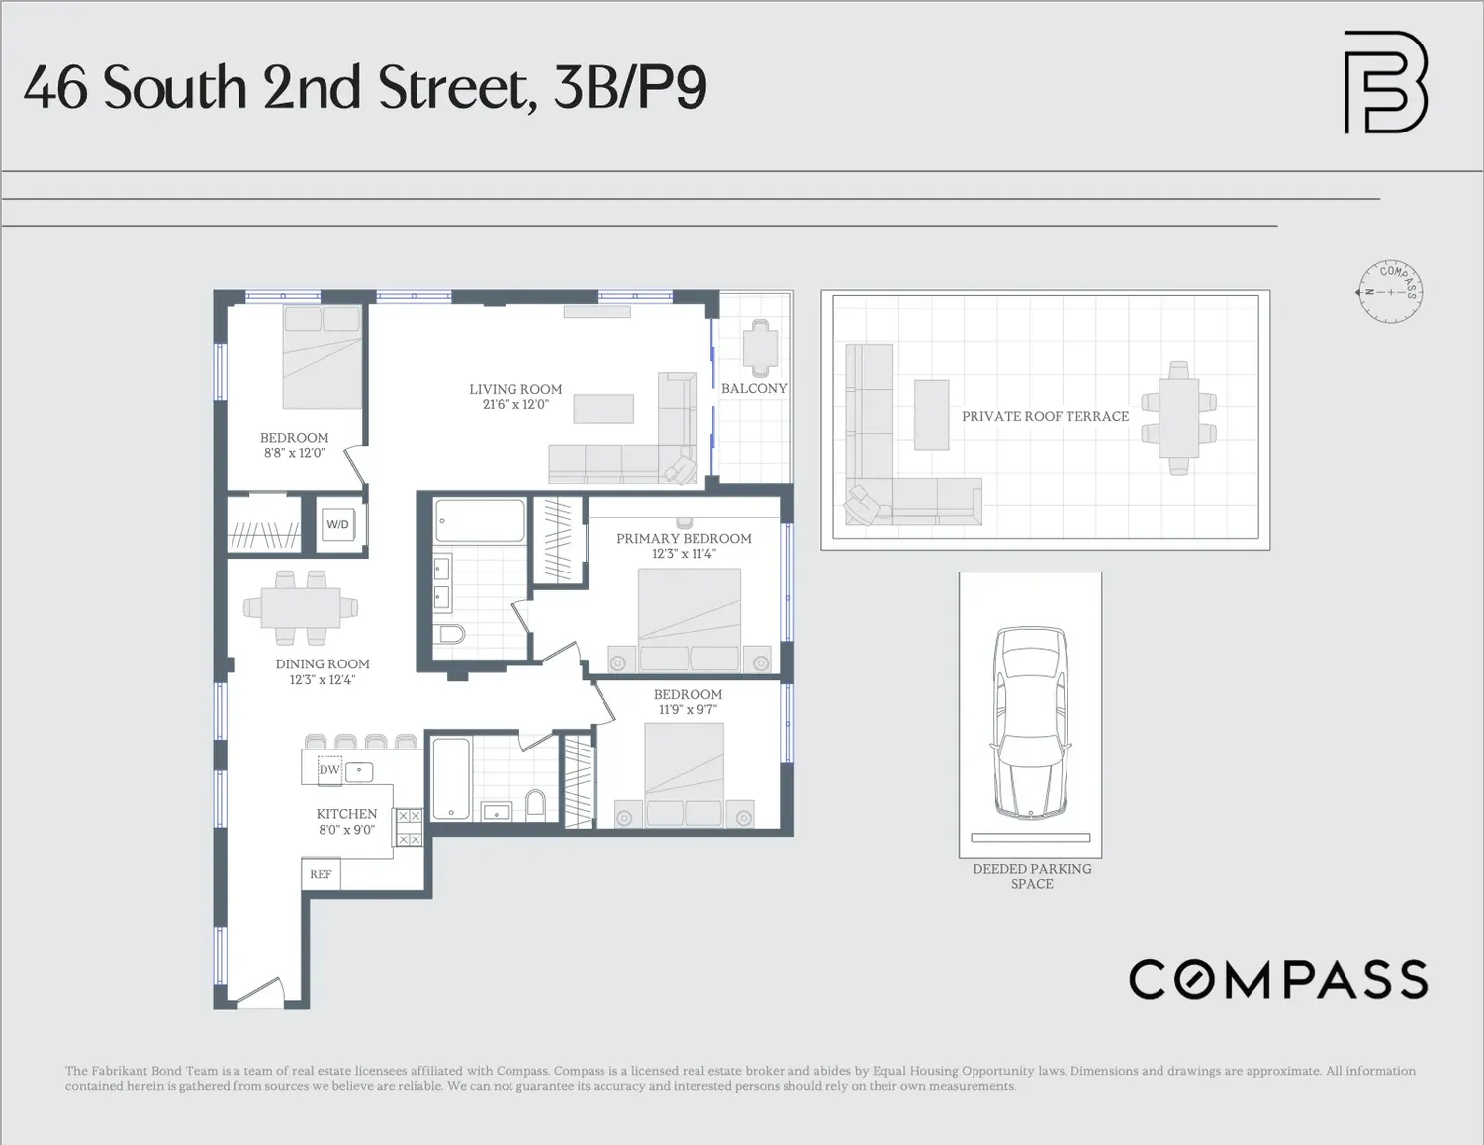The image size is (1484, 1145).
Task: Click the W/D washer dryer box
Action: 337,524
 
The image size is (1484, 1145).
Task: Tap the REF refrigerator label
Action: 321,874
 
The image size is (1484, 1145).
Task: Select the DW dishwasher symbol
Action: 329,769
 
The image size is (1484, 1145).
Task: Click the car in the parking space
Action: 1031,722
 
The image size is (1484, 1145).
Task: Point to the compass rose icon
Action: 1390,292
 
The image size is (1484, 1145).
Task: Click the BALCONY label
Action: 754,388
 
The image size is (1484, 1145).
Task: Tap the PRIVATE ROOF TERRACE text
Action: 1045,416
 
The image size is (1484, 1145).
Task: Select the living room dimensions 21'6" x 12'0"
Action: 515,404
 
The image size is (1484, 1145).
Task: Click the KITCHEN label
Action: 346,814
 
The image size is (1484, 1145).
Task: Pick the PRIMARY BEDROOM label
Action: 684,538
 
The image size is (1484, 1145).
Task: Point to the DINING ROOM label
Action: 323,663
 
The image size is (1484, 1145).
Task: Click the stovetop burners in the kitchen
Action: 409,827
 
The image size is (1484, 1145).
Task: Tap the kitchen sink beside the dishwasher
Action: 359,772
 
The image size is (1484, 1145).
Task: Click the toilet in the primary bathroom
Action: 451,635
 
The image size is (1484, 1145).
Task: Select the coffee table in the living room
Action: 603,408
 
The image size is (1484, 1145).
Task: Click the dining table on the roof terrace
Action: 1178,418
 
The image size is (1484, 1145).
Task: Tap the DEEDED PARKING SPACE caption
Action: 1032,876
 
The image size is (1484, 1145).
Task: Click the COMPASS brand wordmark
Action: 1278,979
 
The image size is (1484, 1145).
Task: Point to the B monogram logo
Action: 1386,82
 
